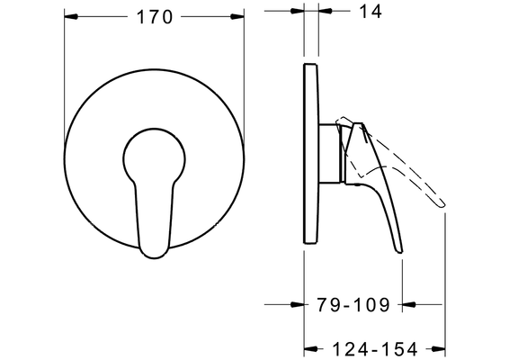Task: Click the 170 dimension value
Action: pos(155,17)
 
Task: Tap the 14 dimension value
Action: pos(371,12)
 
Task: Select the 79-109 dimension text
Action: pos(353,305)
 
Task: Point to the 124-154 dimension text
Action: pos(374,349)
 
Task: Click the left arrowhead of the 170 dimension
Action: pos(71,16)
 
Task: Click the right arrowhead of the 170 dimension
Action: pos(237,16)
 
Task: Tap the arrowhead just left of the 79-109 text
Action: pos(297,305)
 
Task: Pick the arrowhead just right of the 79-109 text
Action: pos(409,305)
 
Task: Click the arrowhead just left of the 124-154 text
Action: pos(310,349)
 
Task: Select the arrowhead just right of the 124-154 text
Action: pos(438,349)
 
